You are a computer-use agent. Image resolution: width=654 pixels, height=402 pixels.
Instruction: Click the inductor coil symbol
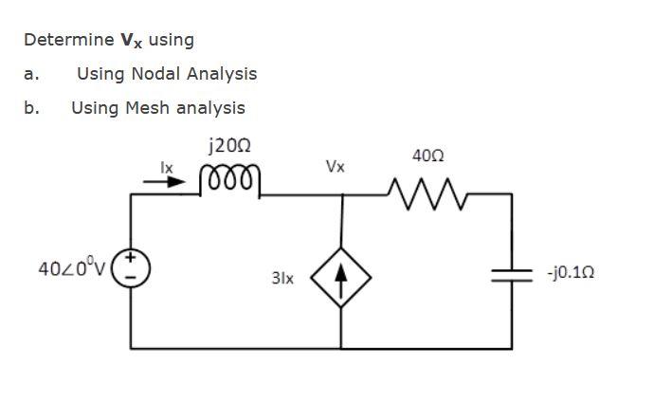point(227,178)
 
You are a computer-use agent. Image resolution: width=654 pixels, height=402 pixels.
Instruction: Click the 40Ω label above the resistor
point(428,155)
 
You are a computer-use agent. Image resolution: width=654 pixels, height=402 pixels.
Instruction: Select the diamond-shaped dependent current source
point(341,278)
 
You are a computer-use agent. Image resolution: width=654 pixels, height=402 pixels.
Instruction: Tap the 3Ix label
point(282,280)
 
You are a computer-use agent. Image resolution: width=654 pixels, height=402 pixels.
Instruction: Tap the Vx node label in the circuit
point(335,167)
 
